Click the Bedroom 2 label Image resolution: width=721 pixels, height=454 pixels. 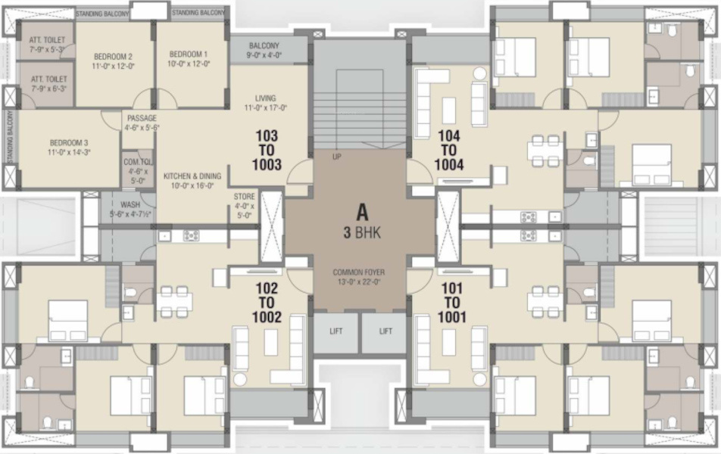pyautogui.click(x=114, y=57)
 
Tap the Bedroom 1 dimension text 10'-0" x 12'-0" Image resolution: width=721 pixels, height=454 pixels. pyautogui.click(x=189, y=64)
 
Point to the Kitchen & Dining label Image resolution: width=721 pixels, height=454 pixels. pyautogui.click(x=192, y=176)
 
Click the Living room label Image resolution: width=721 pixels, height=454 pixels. pyautogui.click(x=265, y=98)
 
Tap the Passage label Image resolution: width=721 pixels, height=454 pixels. pyautogui.click(x=142, y=119)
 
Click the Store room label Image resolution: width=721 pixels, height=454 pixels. pyautogui.click(x=244, y=197)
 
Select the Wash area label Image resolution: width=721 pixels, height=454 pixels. pyautogui.click(x=130, y=204)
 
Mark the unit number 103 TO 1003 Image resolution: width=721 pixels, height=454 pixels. pyautogui.click(x=267, y=150)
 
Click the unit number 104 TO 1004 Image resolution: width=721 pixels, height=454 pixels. pyautogui.click(x=449, y=150)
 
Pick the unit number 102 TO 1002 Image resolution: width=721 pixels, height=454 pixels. pyautogui.click(x=267, y=303)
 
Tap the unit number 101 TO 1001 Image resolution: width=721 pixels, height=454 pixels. pyautogui.click(x=452, y=303)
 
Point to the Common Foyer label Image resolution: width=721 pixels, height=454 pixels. pyautogui.click(x=360, y=272)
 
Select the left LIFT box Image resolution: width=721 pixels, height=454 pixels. pyautogui.click(x=336, y=331)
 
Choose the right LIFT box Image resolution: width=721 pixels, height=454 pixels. pyautogui.click(x=385, y=331)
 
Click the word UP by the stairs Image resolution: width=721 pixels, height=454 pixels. pyautogui.click(x=337, y=157)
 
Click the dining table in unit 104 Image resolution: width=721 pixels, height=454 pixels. pyautogui.click(x=545, y=151)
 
